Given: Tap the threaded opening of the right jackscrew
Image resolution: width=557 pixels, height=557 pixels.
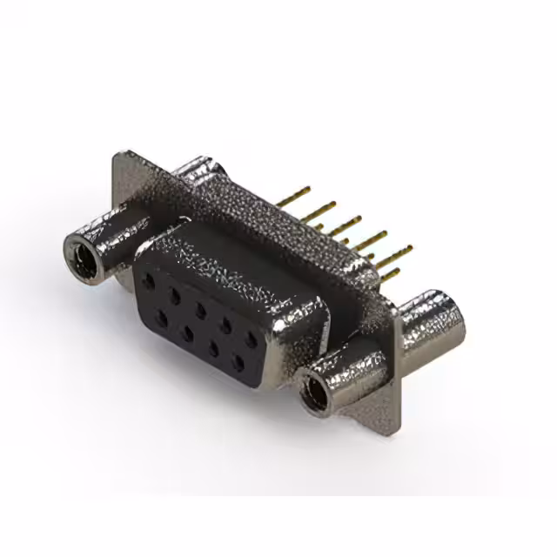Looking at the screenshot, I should point(314,388).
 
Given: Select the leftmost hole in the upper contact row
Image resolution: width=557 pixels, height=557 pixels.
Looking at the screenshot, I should point(150,283).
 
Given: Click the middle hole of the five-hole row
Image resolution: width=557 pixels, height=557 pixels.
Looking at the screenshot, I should point(200,311).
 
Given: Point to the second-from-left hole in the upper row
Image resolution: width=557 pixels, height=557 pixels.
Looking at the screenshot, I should point(175,297).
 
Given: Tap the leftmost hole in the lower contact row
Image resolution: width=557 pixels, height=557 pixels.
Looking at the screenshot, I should point(161,319).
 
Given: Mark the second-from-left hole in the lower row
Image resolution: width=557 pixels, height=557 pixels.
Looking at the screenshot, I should point(186,333).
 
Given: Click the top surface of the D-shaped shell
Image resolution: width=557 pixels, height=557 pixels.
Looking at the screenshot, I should point(235,252).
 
